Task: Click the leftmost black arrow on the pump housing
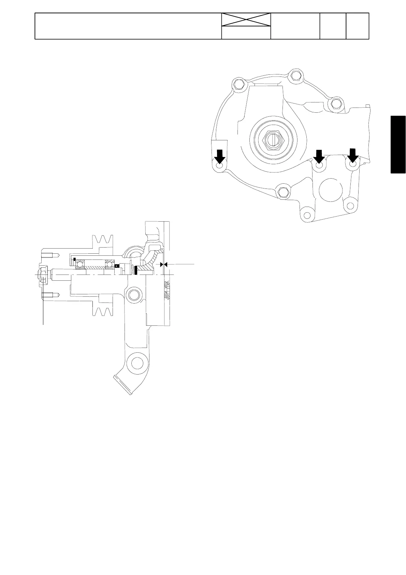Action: coord(219,157)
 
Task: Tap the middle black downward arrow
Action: coord(319,157)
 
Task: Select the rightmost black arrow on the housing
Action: coord(352,156)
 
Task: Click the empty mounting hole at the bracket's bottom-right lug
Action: coord(350,206)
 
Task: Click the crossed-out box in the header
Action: coord(246,19)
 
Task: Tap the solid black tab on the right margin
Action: coord(398,145)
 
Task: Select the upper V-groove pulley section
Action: coord(103,241)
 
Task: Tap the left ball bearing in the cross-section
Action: coord(80,265)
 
